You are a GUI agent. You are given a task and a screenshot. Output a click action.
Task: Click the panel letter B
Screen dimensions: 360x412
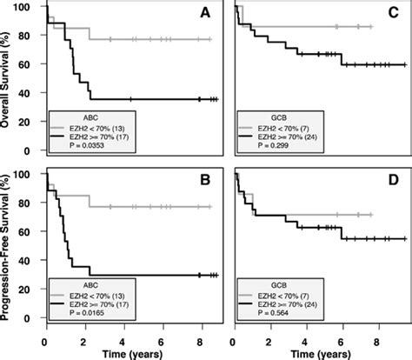pos(204,184)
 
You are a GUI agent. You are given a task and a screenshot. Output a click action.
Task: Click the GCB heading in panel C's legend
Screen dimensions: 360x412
pos(276,115)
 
